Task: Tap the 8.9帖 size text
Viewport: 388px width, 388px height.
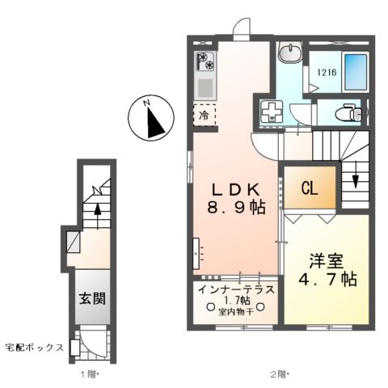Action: pos(235,207)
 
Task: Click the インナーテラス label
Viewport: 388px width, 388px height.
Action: pos(236,289)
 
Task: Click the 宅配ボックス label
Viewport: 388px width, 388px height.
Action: pos(33,347)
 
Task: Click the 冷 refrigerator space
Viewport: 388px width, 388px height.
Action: pos(204,114)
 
